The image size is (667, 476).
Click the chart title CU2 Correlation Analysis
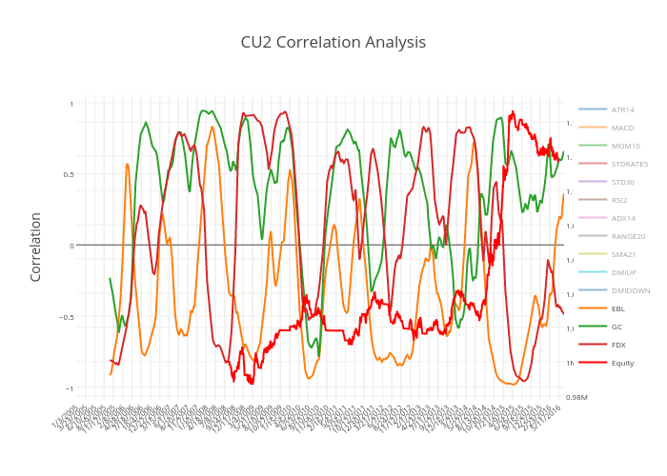pyautogui.click(x=333, y=43)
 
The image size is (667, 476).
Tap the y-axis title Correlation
pyautogui.click(x=36, y=246)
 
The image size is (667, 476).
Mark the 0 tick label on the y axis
pyautogui.click(x=71, y=246)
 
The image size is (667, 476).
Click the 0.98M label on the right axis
pyautogui.click(x=576, y=397)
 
